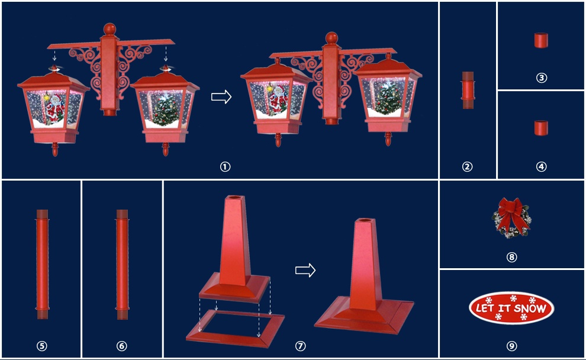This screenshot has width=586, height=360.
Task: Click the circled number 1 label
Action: (x=225, y=167)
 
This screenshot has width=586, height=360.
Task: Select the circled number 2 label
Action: (x=467, y=167)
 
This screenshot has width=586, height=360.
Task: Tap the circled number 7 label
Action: (x=301, y=346)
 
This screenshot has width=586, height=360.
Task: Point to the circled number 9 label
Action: (x=511, y=346)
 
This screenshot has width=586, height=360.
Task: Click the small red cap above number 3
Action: (x=541, y=40)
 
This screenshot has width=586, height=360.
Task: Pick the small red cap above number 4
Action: (x=541, y=128)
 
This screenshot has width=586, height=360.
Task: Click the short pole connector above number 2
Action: (x=468, y=90)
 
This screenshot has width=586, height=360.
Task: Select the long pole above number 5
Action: (x=42, y=264)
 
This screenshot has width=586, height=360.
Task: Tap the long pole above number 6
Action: (x=122, y=264)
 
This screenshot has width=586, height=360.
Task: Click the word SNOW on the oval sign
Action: (x=529, y=308)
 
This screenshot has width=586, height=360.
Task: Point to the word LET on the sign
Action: (x=485, y=308)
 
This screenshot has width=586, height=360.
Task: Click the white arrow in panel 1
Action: (x=221, y=97)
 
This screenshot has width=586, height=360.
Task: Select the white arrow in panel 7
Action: (x=305, y=270)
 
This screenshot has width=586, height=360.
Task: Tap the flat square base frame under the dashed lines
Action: (x=235, y=339)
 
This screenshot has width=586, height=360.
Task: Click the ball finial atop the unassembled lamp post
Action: (x=110, y=29)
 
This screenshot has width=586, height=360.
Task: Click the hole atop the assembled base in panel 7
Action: (x=365, y=221)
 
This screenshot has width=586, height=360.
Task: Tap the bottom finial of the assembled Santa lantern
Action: (x=278, y=140)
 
